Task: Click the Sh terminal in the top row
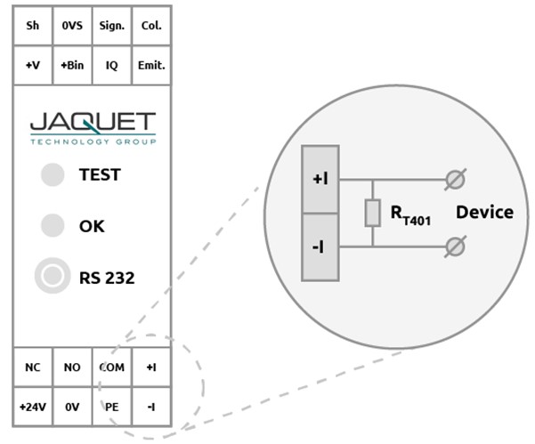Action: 33,26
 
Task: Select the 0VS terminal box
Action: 72,26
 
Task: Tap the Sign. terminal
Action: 111,26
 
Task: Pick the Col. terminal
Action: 151,26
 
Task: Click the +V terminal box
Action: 33,65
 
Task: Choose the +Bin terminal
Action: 72,65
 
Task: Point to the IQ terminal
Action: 111,65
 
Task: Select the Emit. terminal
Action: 151,65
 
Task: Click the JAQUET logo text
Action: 92,124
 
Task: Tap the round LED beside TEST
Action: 53,175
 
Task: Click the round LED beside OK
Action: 53,226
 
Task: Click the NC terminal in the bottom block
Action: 33,367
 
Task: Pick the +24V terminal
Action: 33,406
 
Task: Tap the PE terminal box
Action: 111,406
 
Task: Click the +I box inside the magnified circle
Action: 320,179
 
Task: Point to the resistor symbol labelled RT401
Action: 373,213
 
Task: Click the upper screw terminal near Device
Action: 455,180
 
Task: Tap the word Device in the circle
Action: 484,213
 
